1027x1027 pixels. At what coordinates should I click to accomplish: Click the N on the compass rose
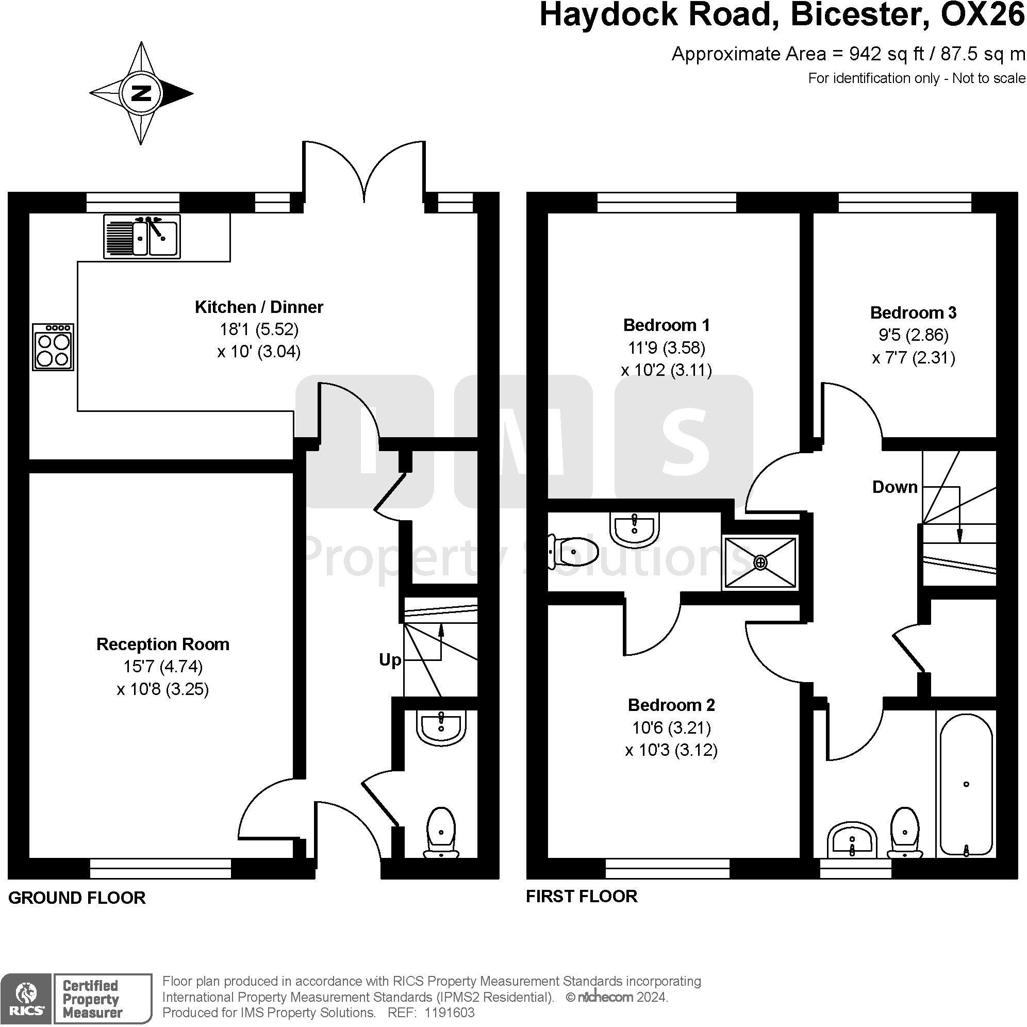coord(141,93)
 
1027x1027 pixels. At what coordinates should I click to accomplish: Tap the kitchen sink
coord(142,237)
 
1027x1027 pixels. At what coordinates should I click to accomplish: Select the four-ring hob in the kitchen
coord(53,346)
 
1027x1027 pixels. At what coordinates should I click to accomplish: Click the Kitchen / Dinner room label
coord(259,307)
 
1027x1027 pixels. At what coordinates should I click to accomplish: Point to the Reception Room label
coord(163,644)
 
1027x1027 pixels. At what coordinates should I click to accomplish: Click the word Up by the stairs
coord(390,660)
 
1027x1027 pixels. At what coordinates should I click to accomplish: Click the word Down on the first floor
coord(895,487)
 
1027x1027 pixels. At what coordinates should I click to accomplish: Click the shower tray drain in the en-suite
coord(760,562)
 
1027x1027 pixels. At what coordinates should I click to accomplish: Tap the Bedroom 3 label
coord(913,312)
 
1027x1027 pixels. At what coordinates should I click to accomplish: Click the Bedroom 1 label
coord(667,325)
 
